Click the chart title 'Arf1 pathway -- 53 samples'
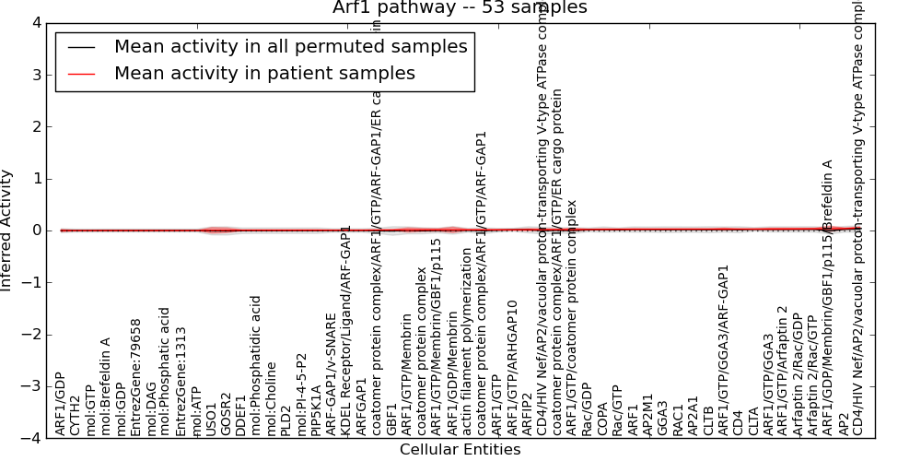pyautogui.click(x=460, y=8)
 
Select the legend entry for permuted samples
pyautogui.click(x=290, y=47)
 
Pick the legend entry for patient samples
pyautogui.click(x=264, y=74)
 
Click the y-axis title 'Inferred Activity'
pyautogui.click(x=7, y=230)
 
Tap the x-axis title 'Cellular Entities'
pyautogui.click(x=460, y=450)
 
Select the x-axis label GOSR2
pyautogui.click(x=227, y=416)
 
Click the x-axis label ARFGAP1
pyautogui.click(x=362, y=406)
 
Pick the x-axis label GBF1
pyautogui.click(x=392, y=420)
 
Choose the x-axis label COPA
pyautogui.click(x=603, y=419)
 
